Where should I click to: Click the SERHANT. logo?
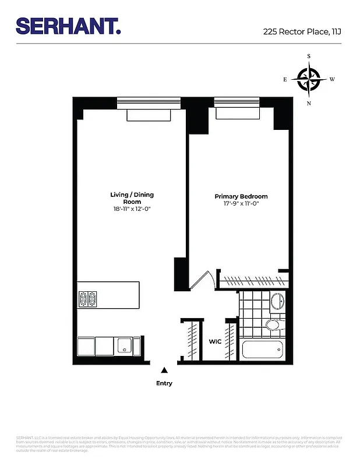point(68,26)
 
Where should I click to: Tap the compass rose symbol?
point(309,79)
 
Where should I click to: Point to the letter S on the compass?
point(309,57)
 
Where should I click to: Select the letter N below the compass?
point(309,103)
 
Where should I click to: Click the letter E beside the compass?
point(285,79)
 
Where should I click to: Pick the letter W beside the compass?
point(332,79)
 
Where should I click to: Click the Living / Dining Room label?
point(132,198)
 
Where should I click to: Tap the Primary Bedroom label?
point(241,197)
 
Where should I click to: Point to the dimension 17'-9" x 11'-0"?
point(241,204)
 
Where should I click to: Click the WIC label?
point(214,342)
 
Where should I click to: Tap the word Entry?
point(164,383)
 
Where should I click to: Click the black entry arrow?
point(164,370)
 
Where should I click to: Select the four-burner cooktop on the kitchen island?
point(87,299)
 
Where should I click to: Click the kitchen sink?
point(124,346)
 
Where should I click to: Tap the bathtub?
point(263,350)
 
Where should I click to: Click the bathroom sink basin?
point(277,302)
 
